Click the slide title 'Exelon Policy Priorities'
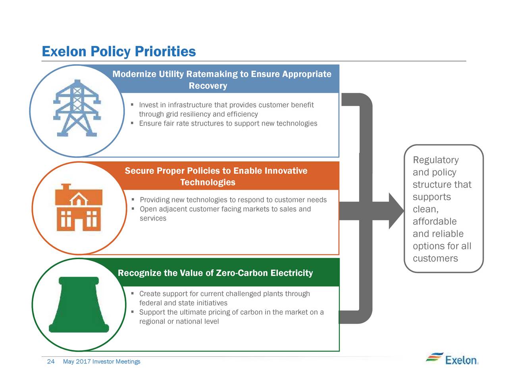[x=119, y=52]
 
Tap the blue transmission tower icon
[x=77, y=108]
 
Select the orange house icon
[x=79, y=207]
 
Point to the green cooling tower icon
[x=79, y=304]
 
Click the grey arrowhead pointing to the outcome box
[x=396, y=211]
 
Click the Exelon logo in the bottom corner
[x=452, y=359]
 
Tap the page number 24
[x=51, y=361]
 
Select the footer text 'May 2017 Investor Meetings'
[x=102, y=361]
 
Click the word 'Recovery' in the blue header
[x=208, y=86]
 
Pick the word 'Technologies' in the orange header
[x=208, y=182]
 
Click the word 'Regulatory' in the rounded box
[x=436, y=160]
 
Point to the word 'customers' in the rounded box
[x=435, y=258]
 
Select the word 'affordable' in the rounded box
[x=435, y=221]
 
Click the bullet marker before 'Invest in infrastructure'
[x=132, y=104]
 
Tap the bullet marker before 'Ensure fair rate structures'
[x=132, y=123]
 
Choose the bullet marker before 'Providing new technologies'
[x=133, y=199]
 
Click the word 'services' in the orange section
[x=153, y=218]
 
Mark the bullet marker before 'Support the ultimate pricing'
[x=132, y=312]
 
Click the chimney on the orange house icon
[x=66, y=187]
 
